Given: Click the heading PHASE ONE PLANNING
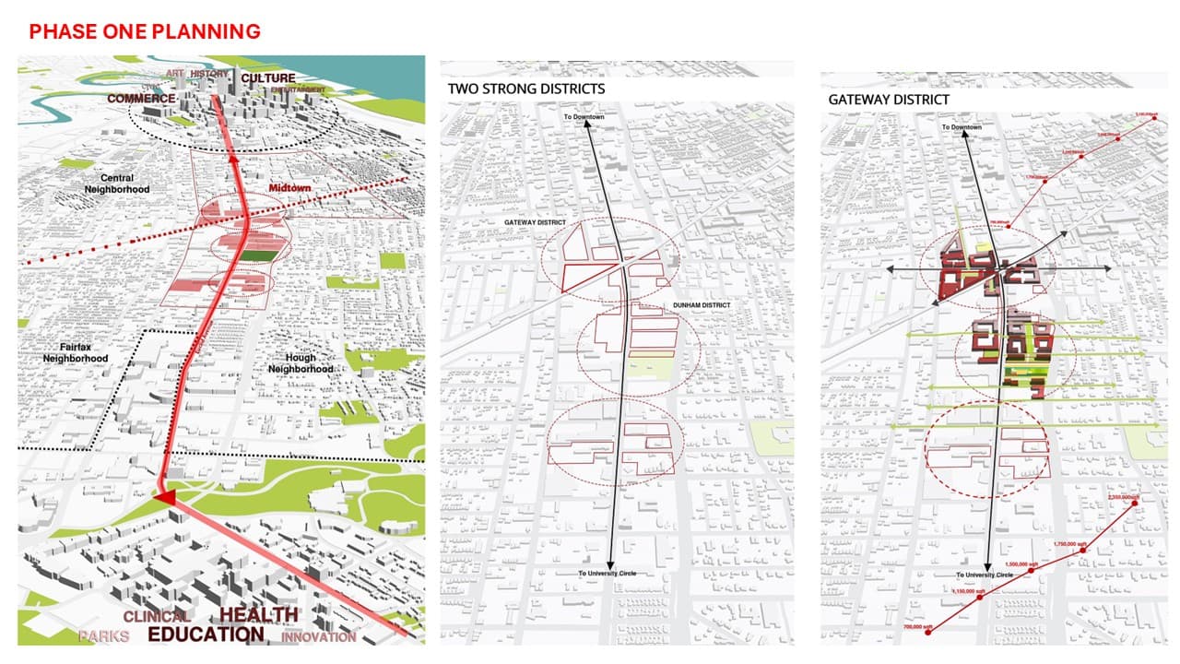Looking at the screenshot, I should click(x=145, y=32).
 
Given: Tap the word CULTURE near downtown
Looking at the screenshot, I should click(x=267, y=79).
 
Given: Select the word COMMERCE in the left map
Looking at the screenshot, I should click(x=140, y=99).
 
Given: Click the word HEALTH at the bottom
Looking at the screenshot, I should click(x=259, y=614).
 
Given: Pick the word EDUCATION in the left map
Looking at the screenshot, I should click(x=206, y=635).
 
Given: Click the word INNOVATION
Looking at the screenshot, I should click(x=318, y=637).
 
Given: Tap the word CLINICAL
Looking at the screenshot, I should click(x=156, y=616).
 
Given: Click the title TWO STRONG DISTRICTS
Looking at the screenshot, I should click(x=526, y=89).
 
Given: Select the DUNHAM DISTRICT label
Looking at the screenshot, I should click(x=703, y=305).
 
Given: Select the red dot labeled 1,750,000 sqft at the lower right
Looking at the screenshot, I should click(x=1082, y=551).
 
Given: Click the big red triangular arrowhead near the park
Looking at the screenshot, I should click(x=165, y=498).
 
